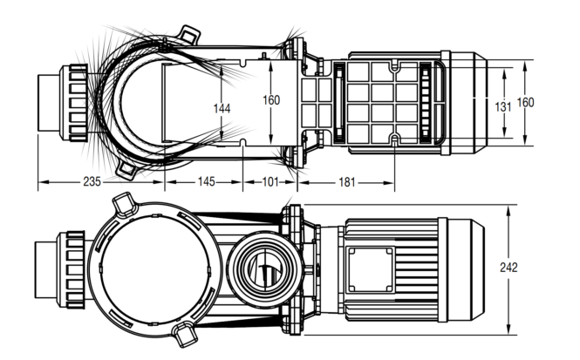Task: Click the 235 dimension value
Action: pyautogui.click(x=92, y=182)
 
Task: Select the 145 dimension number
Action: pyautogui.click(x=207, y=181)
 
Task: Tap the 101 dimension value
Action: pyautogui.click(x=270, y=182)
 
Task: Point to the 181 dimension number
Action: pyautogui.click(x=347, y=182)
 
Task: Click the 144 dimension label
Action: pyautogui.click(x=222, y=109)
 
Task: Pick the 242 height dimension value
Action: pyautogui.click(x=508, y=268)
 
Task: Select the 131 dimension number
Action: pyautogui.click(x=503, y=107)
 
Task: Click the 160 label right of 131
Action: pyautogui.click(x=525, y=102)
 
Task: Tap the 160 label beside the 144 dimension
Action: pyautogui.click(x=271, y=100)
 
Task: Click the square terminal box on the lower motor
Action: pyautogui.click(x=371, y=269)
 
